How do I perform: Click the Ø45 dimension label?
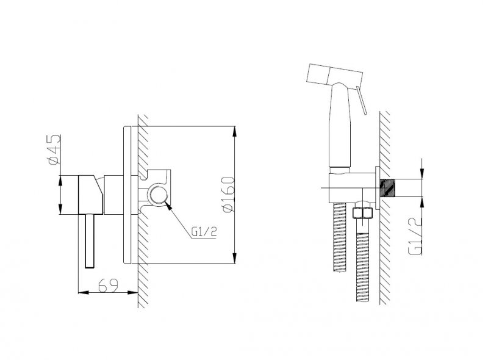pos(52,149)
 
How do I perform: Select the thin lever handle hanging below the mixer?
pos(90,240)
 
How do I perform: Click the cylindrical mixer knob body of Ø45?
pos(88,195)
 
